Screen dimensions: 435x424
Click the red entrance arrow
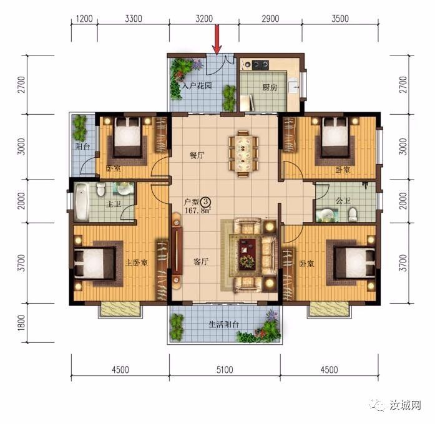point(217,39)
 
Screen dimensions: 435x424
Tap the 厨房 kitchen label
point(270,88)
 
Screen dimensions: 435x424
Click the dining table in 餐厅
point(243,152)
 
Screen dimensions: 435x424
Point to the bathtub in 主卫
point(82,201)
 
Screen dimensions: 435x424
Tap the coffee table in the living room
point(247,254)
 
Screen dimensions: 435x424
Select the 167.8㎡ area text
point(198,211)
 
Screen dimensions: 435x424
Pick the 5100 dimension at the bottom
point(225,369)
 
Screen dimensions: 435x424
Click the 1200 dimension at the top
point(84,19)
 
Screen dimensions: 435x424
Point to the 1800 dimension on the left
point(21,322)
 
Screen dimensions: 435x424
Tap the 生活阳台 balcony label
point(223,324)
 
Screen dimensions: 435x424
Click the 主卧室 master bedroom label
point(137,263)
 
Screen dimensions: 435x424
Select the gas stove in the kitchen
point(260,65)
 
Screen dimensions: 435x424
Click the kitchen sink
point(293,86)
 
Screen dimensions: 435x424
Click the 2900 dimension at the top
point(270,19)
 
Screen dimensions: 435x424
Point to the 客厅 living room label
point(200,262)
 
